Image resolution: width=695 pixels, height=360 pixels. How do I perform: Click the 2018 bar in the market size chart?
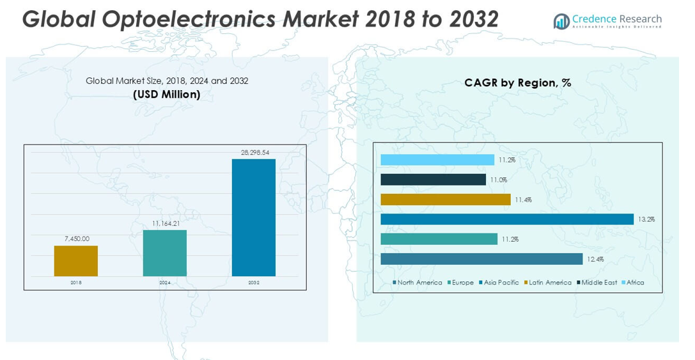click(x=75, y=261)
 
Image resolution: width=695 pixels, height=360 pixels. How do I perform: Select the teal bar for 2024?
click(x=164, y=253)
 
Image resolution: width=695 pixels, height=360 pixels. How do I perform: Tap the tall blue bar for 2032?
click(x=253, y=217)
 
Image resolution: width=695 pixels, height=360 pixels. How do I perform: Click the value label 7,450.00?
click(x=77, y=239)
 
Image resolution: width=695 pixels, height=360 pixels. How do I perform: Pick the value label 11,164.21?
click(x=165, y=223)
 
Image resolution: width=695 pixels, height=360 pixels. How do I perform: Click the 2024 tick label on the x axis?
click(x=164, y=282)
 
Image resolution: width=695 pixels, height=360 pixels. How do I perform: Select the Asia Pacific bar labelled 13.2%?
click(x=506, y=219)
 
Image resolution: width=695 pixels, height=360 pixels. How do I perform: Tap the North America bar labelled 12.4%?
click(x=481, y=259)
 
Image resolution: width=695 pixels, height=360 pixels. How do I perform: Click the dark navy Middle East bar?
click(x=433, y=180)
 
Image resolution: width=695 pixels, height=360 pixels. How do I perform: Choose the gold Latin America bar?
click(x=445, y=200)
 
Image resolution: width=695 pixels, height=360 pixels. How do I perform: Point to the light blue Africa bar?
click(x=437, y=160)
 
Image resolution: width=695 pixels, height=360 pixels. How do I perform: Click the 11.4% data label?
click(x=522, y=200)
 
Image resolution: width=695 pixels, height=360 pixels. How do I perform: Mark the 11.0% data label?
click(x=498, y=180)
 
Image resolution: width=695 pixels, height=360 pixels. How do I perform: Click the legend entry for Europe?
click(x=462, y=283)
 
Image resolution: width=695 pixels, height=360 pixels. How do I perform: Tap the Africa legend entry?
click(x=635, y=283)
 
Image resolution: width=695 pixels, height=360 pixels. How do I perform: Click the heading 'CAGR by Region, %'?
click(x=517, y=83)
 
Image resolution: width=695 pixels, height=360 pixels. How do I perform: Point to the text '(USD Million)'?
click(x=167, y=95)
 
